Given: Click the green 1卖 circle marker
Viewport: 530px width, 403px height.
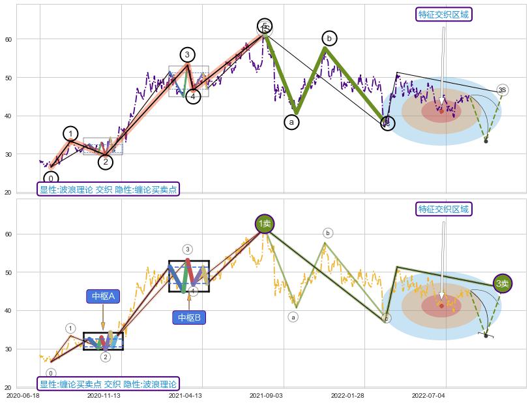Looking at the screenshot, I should (264, 224).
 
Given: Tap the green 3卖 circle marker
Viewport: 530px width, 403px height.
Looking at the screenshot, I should (502, 283).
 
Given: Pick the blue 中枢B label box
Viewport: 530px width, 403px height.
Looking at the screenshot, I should (189, 318).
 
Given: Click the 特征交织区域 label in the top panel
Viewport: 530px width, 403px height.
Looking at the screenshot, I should (443, 14).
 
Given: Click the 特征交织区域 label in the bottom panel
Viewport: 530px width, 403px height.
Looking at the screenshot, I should (443, 209).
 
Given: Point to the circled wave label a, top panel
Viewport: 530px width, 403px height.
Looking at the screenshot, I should (291, 121).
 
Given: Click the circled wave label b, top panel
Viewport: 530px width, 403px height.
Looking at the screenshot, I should (329, 39).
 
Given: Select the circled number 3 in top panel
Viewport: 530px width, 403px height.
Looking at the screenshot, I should (187, 55).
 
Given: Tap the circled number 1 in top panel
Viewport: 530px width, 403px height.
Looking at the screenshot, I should (70, 134).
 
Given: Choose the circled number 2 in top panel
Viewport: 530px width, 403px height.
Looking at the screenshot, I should (106, 162).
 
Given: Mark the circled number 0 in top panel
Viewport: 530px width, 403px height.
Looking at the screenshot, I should (51, 178).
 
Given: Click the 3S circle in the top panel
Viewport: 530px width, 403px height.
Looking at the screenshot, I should (502, 89).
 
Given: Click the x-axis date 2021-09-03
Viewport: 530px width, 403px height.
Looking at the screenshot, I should (266, 395).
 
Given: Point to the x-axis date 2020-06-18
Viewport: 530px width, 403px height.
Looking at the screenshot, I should (22, 395).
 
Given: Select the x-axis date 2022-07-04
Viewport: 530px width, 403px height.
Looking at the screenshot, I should (429, 395).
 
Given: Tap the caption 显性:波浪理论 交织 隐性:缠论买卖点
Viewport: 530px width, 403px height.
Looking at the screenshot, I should (108, 189).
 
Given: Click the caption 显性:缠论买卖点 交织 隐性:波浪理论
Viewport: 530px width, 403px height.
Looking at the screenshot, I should (108, 384).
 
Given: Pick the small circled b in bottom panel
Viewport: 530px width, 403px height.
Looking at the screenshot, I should (328, 233).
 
